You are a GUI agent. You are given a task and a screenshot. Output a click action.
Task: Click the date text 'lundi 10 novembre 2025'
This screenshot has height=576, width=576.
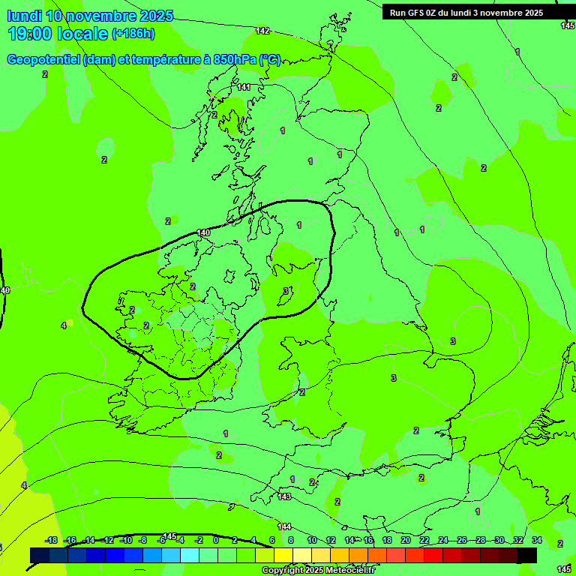(x=90, y=16)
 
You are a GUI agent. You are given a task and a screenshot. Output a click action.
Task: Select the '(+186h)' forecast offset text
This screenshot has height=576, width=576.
(x=133, y=34)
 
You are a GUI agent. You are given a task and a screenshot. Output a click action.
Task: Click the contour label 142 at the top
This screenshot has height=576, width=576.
(x=262, y=31)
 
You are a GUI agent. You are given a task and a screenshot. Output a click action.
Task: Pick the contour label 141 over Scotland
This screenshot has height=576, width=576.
(x=244, y=88)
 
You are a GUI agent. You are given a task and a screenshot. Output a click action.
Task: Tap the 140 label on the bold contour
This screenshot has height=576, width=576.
(x=202, y=233)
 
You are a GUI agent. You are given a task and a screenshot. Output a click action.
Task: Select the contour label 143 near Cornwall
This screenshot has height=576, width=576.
(x=284, y=496)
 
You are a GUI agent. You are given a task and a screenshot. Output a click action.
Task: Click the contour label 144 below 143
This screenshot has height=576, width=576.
(x=284, y=526)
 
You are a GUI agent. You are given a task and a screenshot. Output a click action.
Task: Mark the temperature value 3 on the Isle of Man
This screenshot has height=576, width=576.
(x=285, y=291)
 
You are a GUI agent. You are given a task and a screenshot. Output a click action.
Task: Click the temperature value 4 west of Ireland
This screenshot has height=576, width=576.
(x=64, y=325)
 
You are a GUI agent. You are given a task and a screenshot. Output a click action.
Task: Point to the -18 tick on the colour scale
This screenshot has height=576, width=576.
(x=52, y=541)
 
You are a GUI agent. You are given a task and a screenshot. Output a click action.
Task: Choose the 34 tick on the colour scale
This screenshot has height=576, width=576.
(x=537, y=541)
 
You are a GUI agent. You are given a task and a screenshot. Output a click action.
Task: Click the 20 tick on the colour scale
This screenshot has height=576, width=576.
(x=406, y=541)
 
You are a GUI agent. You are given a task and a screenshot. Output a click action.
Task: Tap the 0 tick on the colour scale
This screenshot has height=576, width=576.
(x=216, y=541)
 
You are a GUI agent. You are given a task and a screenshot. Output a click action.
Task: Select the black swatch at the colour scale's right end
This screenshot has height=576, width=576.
(x=527, y=555)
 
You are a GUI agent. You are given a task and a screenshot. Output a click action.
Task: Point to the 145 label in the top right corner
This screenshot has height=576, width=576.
(x=567, y=25)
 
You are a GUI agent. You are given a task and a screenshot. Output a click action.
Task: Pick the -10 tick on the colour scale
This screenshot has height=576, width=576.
(x=126, y=541)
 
